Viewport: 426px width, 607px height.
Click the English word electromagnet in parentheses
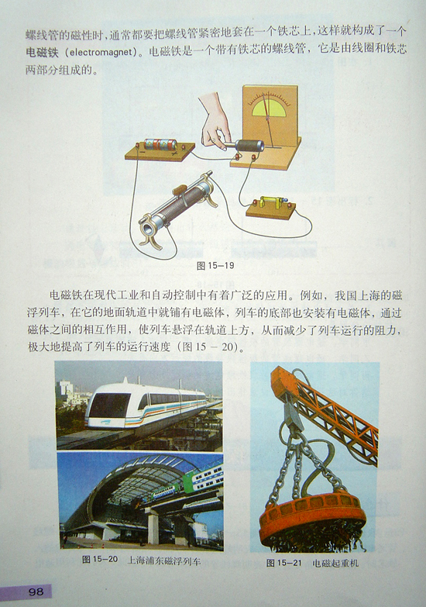pyautogui.click(x=101, y=52)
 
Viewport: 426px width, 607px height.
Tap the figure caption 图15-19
pyautogui.click(x=215, y=266)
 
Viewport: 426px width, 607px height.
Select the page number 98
pyautogui.click(x=36, y=591)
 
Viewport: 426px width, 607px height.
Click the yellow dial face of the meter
pyautogui.click(x=269, y=108)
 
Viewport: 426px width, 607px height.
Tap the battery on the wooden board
pyautogui.click(x=160, y=145)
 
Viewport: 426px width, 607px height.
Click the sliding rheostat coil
pyautogui.click(x=179, y=204)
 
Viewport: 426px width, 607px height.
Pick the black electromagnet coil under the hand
pyautogui.click(x=250, y=146)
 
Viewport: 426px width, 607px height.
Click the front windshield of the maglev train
pyautogui.click(x=110, y=405)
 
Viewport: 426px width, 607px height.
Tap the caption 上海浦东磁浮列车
pyautogui.click(x=164, y=560)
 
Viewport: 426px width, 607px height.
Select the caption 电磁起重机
pyautogui.click(x=335, y=563)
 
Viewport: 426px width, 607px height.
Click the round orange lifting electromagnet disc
pyautogui.click(x=312, y=512)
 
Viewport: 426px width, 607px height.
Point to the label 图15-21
pyautogui.click(x=283, y=563)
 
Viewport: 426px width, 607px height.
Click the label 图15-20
pyautogui.click(x=100, y=560)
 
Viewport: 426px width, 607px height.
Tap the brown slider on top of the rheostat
pyautogui.click(x=180, y=190)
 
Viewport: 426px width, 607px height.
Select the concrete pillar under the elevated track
pyautogui.click(x=153, y=526)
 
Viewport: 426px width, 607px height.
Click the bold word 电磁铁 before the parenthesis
pyautogui.click(x=42, y=52)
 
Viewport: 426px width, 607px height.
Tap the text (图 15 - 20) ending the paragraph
pyautogui.click(x=208, y=347)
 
